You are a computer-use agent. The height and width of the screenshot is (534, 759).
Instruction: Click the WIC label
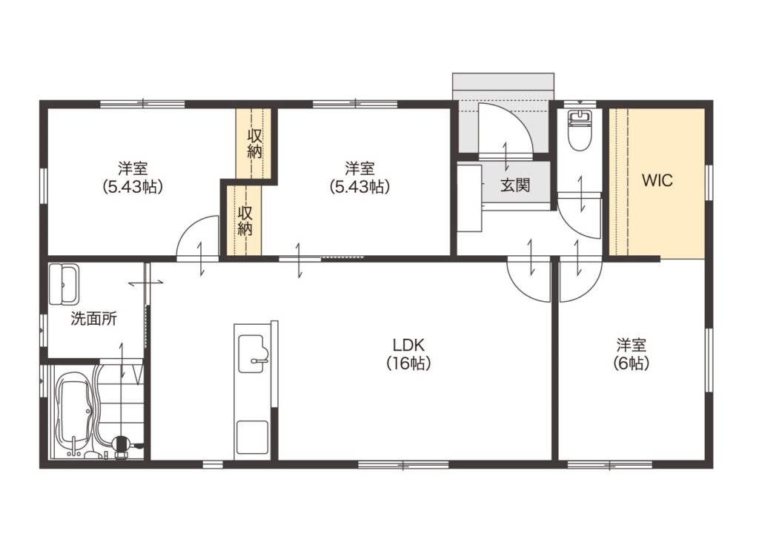tap(657, 180)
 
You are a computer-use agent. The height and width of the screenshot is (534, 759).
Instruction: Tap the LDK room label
tap(408, 345)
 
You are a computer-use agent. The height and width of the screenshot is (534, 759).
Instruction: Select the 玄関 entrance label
tap(515, 185)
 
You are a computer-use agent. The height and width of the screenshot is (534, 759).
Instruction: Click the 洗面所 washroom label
tap(94, 319)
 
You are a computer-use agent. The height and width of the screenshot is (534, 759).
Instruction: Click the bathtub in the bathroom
tap(73, 411)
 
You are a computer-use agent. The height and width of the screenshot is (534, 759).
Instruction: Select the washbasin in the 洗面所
tap(64, 284)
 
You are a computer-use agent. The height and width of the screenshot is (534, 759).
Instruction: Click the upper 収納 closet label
tap(255, 143)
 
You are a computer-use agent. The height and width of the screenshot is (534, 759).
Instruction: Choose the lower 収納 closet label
tap(245, 221)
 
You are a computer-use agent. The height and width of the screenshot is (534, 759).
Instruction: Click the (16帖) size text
tap(408, 363)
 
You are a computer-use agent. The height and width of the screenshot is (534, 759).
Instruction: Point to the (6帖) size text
tap(632, 363)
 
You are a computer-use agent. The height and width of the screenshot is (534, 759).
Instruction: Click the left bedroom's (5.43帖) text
tap(133, 187)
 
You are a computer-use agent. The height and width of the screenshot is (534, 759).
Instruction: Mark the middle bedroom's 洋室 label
tap(359, 168)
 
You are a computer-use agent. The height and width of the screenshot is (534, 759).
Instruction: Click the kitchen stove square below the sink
tap(252, 437)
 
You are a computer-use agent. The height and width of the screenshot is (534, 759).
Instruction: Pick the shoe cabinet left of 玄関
tap(469, 198)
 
